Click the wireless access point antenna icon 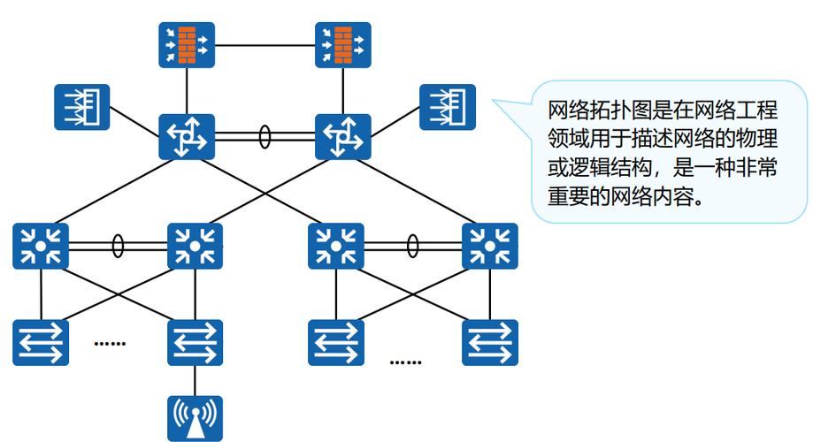tap(195, 418)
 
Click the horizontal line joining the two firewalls tap(265, 43)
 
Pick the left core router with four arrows tap(187, 136)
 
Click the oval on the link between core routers tap(265, 137)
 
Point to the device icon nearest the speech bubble tap(447, 107)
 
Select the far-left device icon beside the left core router tap(81, 107)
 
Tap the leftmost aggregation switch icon tap(41, 247)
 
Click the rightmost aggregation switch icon tap(489, 247)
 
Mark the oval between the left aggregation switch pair tap(118, 246)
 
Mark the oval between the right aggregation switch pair tap(412, 246)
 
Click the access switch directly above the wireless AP tap(195, 342)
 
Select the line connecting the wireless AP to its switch tap(195, 381)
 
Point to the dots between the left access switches tap(110, 343)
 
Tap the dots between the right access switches tap(405, 362)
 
